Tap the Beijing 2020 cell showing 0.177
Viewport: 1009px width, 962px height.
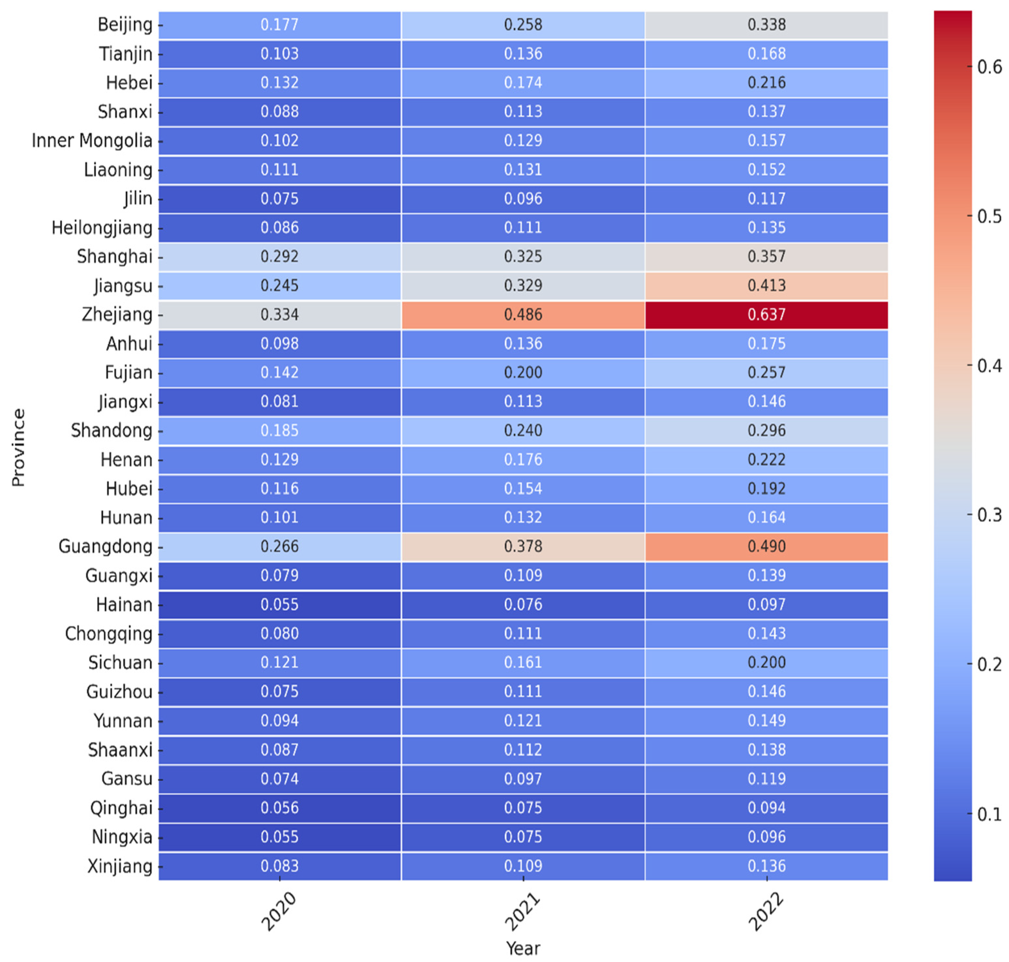(x=279, y=25)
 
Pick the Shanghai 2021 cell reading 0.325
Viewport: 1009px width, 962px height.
(x=523, y=257)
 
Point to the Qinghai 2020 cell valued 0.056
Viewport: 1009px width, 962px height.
(x=279, y=808)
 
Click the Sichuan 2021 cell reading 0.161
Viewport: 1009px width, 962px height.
(x=523, y=662)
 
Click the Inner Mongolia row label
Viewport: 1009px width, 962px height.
(x=92, y=141)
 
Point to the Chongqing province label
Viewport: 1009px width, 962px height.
(x=108, y=634)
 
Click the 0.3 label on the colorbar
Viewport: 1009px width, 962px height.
(x=989, y=515)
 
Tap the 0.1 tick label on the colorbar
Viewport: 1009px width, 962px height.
(x=989, y=814)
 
